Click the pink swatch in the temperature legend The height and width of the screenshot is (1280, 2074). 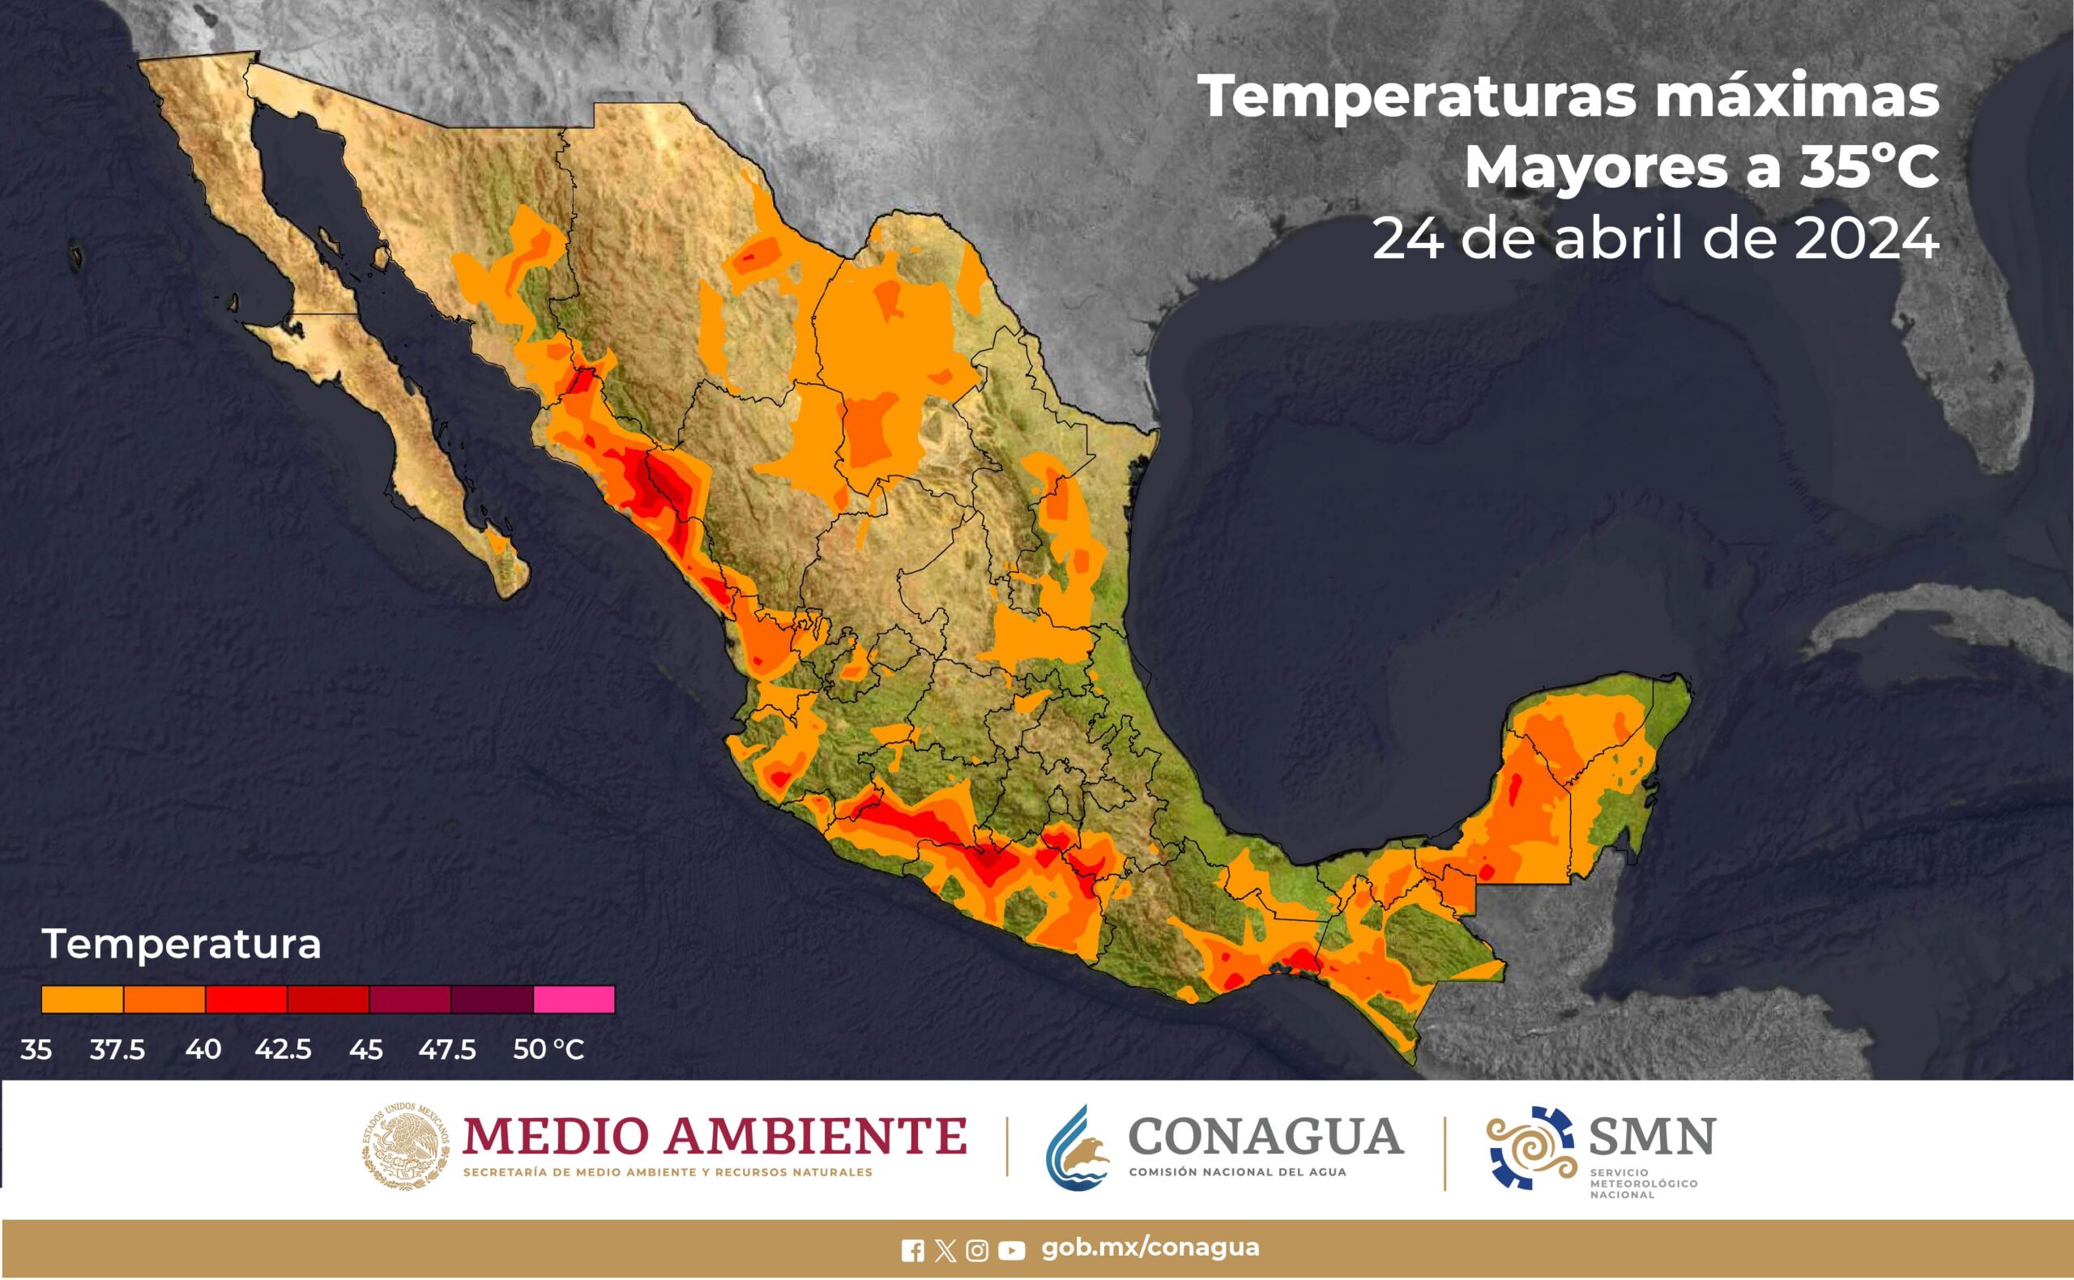(x=574, y=999)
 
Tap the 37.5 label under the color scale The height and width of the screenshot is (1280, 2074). (x=117, y=1050)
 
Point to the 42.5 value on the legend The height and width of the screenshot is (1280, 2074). (x=283, y=1050)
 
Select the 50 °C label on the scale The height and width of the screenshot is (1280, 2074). (x=548, y=1050)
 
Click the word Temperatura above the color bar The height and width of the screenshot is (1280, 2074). (x=181, y=944)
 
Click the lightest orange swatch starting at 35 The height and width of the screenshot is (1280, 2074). (x=82, y=999)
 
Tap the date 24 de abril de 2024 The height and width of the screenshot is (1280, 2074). (x=1655, y=239)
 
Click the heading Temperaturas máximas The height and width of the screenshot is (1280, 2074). (x=1568, y=97)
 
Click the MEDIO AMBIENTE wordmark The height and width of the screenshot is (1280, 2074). (x=715, y=1136)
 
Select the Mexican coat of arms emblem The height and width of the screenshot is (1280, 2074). (x=406, y=1147)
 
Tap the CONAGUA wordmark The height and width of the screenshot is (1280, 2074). (x=1265, y=1136)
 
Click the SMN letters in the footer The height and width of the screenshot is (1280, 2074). (x=1652, y=1136)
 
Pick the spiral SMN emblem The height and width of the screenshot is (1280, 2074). (x=1530, y=1147)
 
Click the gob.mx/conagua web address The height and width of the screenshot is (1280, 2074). (x=1150, y=1248)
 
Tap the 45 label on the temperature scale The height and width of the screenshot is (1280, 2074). (x=365, y=1050)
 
